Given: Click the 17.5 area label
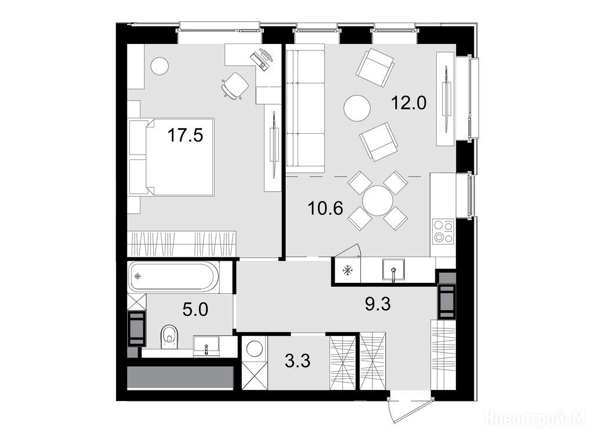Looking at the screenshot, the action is click(x=185, y=135).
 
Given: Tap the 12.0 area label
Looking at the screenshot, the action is click(x=409, y=103).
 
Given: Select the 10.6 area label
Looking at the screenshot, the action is click(x=326, y=208).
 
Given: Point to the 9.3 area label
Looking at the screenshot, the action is click(x=377, y=304).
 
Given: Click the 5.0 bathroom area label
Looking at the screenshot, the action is click(x=195, y=310).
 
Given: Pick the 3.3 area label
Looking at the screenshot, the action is click(x=298, y=361).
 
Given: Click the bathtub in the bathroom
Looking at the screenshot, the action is click(x=173, y=276).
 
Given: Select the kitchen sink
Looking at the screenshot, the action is click(x=394, y=270).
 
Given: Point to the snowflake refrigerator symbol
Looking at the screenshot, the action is click(x=347, y=271).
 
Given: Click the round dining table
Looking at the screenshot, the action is click(x=377, y=200).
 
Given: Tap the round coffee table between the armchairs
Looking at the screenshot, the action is click(x=357, y=108).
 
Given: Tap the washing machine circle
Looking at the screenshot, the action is click(x=254, y=349).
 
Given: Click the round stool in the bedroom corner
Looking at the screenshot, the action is click(x=159, y=66).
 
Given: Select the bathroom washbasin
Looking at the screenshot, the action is click(x=206, y=346).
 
